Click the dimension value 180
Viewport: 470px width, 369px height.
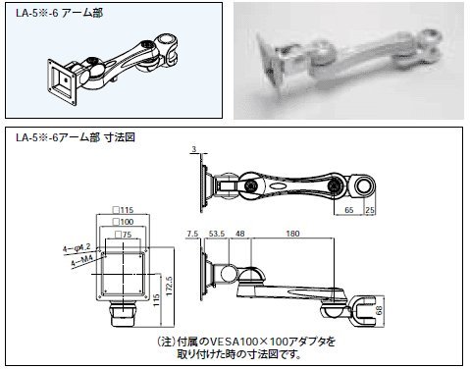pyautogui.click(x=292, y=234)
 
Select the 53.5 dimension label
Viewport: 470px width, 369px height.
pyautogui.click(x=217, y=234)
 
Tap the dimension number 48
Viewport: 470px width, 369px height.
pyautogui.click(x=240, y=234)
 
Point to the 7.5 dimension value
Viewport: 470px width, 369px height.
pyautogui.click(x=192, y=234)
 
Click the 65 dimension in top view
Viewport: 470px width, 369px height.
pyautogui.click(x=349, y=210)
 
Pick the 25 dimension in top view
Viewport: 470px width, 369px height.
pyautogui.click(x=370, y=210)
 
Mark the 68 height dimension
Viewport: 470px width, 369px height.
pyautogui.click(x=379, y=310)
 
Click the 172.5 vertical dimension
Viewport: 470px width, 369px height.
pyautogui.click(x=169, y=286)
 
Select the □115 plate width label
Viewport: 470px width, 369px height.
pyautogui.click(x=123, y=210)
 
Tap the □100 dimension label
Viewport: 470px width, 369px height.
pyautogui.click(x=123, y=222)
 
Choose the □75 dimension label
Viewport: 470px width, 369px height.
pyautogui.click(x=123, y=235)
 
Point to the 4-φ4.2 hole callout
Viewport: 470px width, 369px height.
pyautogui.click(x=77, y=248)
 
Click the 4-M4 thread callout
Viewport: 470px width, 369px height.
pyautogui.click(x=82, y=261)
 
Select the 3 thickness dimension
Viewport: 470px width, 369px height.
pyautogui.click(x=194, y=149)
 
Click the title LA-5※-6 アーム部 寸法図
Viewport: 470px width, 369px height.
pyautogui.click(x=76, y=137)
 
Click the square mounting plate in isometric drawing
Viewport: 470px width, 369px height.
pyautogui.click(x=62, y=81)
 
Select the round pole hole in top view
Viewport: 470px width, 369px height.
pyautogui.click(x=362, y=186)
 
